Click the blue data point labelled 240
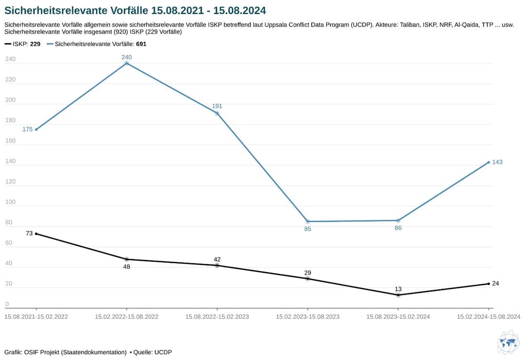tap(127, 63)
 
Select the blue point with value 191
tap(217, 113)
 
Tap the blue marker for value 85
tap(308, 221)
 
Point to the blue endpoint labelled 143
tap(489, 162)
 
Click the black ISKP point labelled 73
tap(36, 234)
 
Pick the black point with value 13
tap(398, 295)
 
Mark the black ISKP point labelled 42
tap(217, 265)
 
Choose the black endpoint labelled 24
tap(489, 284)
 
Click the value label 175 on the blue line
tap(27, 129)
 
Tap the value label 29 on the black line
tap(308, 272)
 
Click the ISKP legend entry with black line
tap(22, 44)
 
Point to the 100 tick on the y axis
tap(10, 202)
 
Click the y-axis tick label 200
tap(10, 100)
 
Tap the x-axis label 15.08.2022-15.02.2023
tap(217, 317)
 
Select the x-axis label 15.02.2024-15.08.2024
tap(489, 317)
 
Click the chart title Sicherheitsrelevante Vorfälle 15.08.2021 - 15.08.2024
tap(135, 10)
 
